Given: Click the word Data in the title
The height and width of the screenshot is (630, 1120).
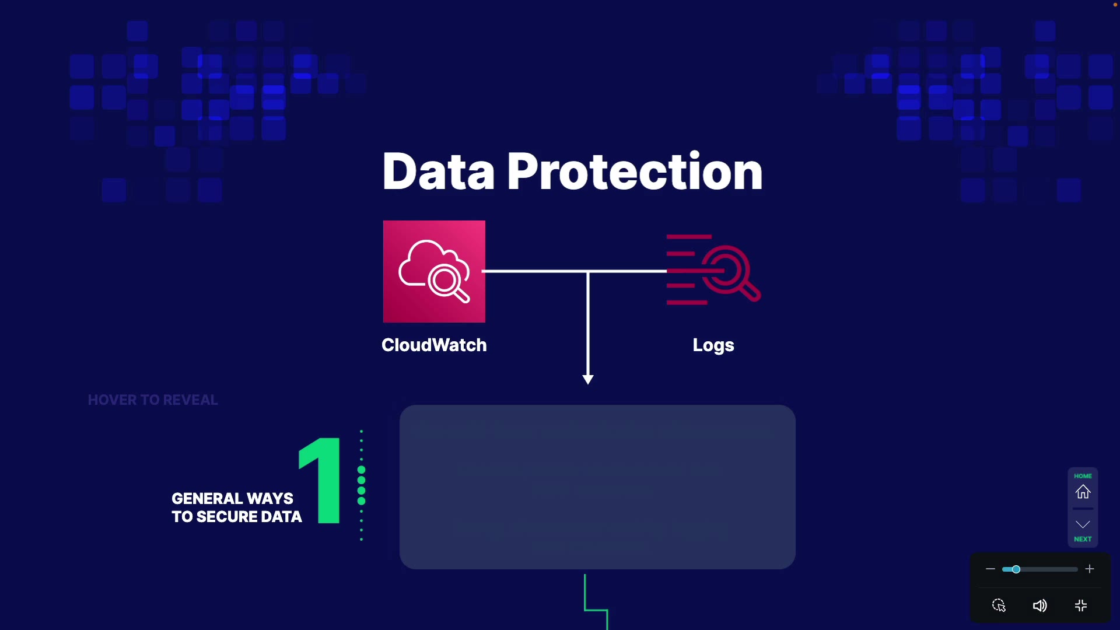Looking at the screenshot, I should pos(438,171).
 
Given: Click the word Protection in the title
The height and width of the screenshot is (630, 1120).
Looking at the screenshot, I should pos(635,171).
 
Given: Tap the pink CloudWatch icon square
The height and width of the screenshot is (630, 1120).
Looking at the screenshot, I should pos(434,271).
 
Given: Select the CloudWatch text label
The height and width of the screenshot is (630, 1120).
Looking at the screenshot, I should pos(434,345).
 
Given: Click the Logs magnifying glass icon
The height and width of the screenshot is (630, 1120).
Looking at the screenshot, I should pos(714,270).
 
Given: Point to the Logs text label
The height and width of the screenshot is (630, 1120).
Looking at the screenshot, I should pos(713,345).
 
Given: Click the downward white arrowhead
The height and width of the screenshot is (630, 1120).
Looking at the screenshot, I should pos(588,379).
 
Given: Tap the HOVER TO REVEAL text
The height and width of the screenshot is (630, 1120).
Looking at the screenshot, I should pos(153,400).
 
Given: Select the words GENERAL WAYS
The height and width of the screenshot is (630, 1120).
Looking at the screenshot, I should pos(232,499).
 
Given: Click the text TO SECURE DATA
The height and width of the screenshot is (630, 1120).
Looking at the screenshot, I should pos(237,517).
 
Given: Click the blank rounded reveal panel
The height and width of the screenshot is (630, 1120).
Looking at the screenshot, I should pos(597,487).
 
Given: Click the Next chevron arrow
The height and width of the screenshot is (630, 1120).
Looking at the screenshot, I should pos(1083,525).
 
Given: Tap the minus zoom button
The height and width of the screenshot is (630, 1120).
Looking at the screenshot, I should pos(991,569).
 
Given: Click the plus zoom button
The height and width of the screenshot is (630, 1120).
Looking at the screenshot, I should pos(1090,569).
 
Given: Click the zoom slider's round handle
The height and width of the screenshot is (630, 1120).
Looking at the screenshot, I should pos(1016,569).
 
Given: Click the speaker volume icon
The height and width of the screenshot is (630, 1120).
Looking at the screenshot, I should pos(1039,606).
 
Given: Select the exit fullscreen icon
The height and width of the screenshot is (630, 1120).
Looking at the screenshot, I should pos(1081,606).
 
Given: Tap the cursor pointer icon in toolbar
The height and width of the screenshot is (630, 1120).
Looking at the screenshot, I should pos(999,605).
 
